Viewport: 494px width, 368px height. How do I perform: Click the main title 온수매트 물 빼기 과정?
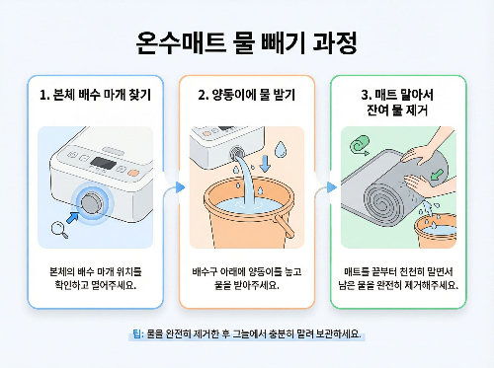pyautogui.click(x=246, y=43)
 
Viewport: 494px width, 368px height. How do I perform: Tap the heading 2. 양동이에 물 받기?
pyautogui.click(x=246, y=97)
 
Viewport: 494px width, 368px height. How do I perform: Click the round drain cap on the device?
pyautogui.click(x=95, y=203)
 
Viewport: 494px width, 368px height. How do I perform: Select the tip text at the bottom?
pyautogui.click(x=246, y=334)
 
